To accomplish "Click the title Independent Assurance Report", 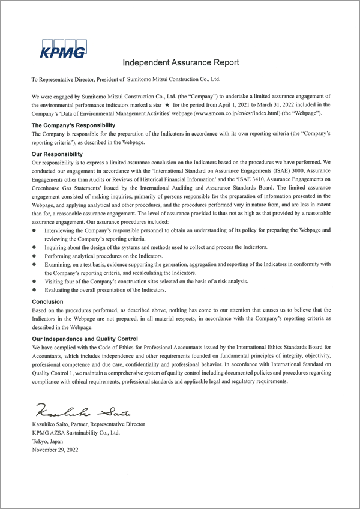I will [181, 62].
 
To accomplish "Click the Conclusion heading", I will [47, 302].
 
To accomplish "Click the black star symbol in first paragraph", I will [166, 104].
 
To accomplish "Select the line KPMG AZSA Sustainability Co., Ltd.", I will [76, 432].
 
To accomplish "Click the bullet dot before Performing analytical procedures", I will [35, 256].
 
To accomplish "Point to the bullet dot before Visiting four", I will [35, 281].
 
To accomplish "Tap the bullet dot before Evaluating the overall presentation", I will [35, 290].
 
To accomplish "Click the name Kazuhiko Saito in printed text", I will [50, 424].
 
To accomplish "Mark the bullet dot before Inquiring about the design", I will [35, 247].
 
